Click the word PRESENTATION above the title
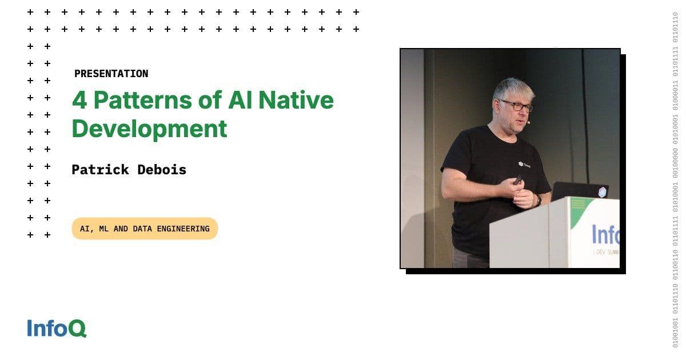click(111, 74)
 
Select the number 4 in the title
click(79, 101)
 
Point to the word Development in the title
click(149, 129)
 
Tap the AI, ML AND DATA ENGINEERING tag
click(145, 229)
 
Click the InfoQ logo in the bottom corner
click(57, 328)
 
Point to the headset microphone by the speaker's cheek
click(528, 122)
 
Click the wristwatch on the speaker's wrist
click(538, 200)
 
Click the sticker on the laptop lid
click(601, 192)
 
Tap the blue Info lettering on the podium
click(605, 234)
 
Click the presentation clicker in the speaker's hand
click(517, 179)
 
